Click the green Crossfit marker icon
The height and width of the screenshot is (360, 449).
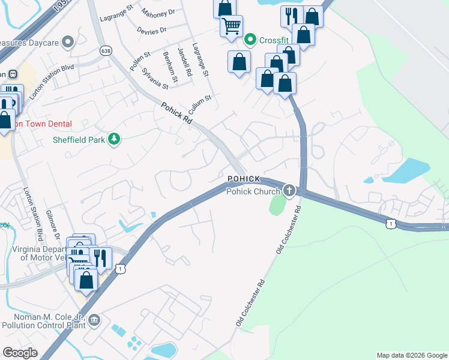click(251, 40)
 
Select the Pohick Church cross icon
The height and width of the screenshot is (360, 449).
click(289, 191)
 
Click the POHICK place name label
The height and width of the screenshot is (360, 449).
click(244, 179)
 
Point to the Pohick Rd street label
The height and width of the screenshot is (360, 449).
click(176, 113)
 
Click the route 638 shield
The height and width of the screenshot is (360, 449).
click(106, 50)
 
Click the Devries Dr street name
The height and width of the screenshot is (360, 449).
click(151, 30)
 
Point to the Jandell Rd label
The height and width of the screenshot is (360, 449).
click(184, 61)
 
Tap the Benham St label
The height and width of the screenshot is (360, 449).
click(170, 67)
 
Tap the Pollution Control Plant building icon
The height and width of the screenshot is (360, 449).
click(94, 321)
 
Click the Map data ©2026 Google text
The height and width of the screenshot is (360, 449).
click(411, 355)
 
